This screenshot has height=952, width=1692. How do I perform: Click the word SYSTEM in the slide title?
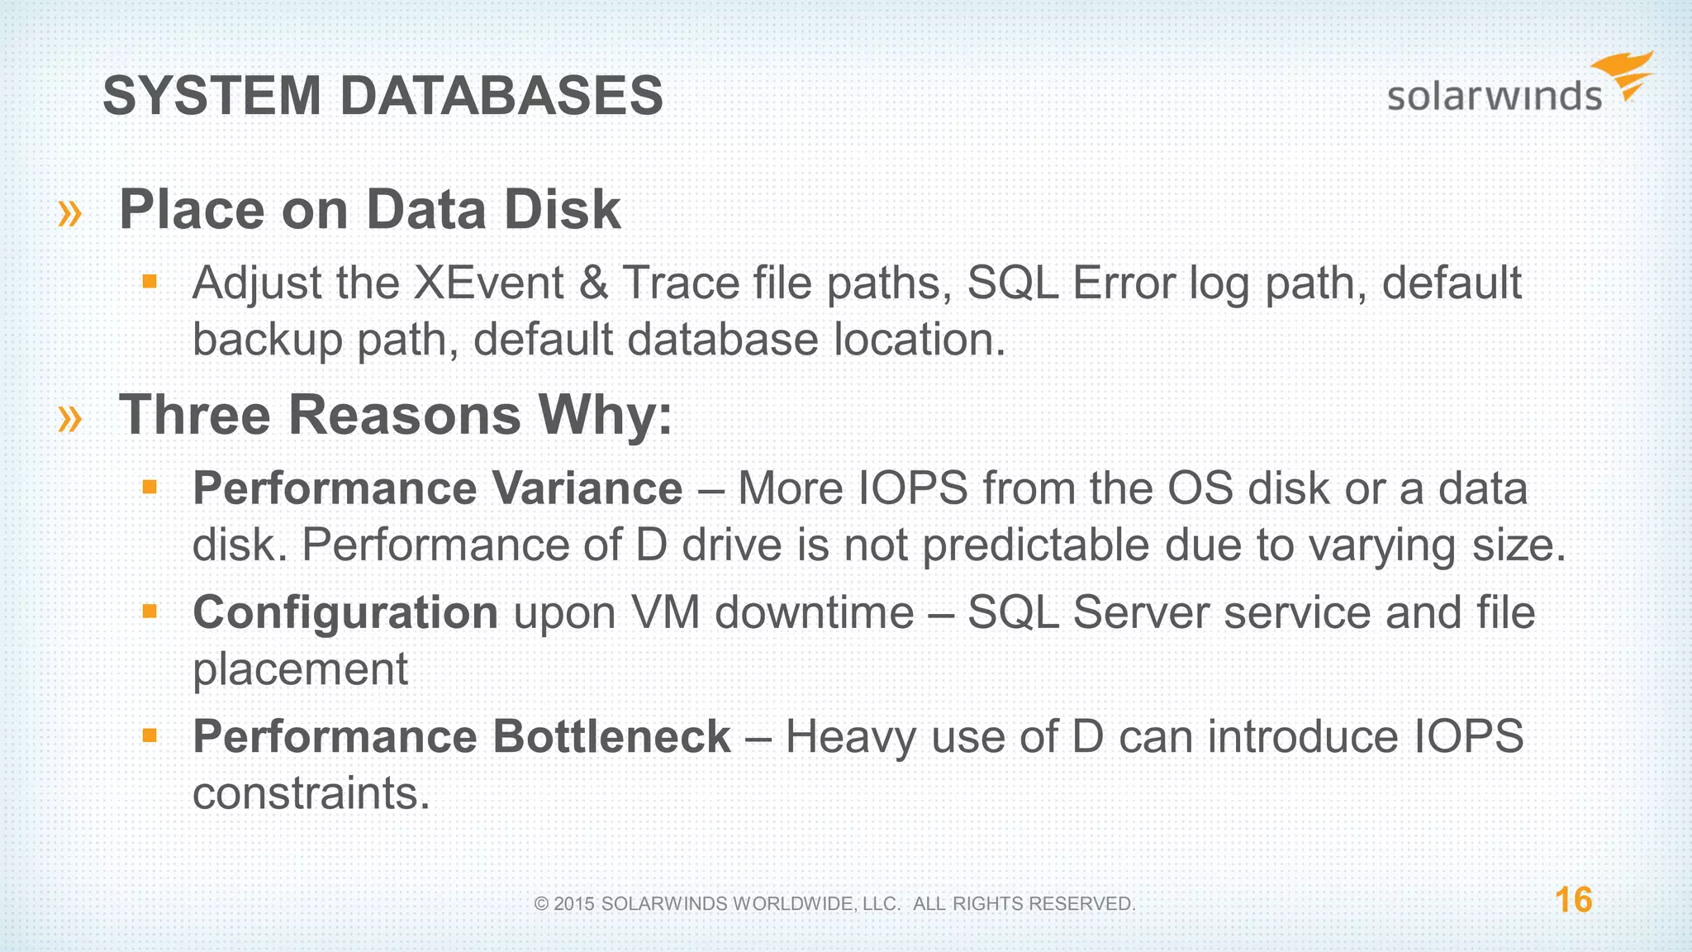click(211, 96)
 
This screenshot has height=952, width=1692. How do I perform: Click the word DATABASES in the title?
click(501, 96)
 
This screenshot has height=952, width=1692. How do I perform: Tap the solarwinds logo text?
click(1494, 97)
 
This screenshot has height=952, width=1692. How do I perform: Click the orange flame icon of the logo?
click(1626, 74)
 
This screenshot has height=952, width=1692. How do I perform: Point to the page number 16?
click(1573, 900)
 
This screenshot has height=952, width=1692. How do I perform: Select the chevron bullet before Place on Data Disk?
click(70, 213)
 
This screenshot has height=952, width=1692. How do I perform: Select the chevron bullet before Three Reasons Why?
click(70, 418)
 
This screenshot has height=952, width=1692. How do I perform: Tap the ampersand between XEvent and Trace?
click(593, 283)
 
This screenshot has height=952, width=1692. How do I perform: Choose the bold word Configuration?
click(345, 612)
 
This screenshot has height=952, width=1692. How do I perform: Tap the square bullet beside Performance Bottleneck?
click(150, 735)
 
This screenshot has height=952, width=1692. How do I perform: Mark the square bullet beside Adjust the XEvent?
click(150, 282)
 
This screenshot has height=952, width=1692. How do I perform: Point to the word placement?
click(300, 669)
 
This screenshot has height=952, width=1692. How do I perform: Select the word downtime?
click(814, 612)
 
